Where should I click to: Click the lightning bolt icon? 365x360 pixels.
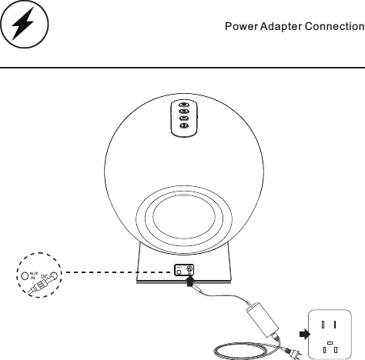click(25, 28)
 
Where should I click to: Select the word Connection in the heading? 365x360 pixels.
click(334, 27)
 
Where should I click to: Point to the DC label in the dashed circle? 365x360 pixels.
click(45, 275)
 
